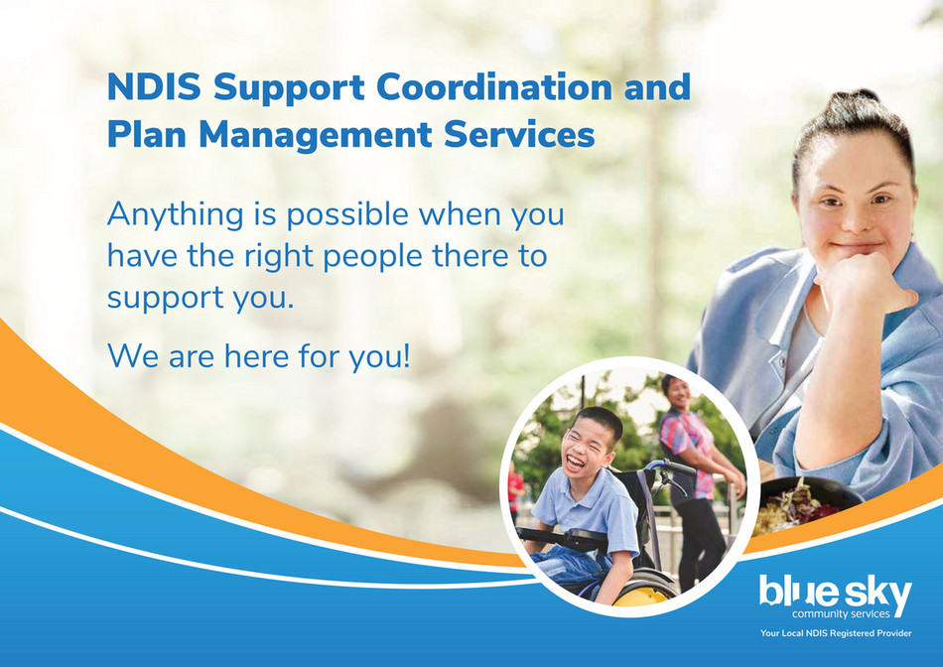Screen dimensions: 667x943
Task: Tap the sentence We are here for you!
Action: (x=258, y=354)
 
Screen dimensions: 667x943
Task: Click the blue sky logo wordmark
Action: (x=835, y=593)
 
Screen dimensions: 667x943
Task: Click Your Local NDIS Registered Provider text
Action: (x=835, y=633)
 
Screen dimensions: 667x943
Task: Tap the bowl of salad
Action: (x=797, y=504)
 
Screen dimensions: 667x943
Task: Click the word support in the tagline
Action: (x=164, y=298)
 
